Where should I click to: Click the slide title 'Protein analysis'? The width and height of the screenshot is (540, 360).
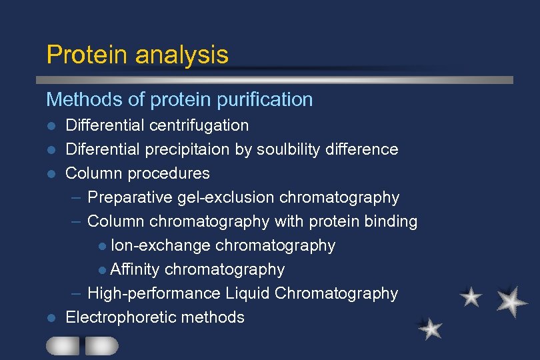tap(137, 55)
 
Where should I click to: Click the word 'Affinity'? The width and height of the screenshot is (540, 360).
tap(135, 269)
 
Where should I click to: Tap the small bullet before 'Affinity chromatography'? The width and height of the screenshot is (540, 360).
tap(101, 270)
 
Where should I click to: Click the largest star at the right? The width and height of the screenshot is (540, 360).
tap(512, 301)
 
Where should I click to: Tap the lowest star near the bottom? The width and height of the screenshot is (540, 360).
tap(431, 328)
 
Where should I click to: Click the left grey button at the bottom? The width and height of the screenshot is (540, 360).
tap(62, 345)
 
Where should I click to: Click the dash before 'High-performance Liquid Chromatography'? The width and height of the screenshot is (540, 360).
tap(77, 293)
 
